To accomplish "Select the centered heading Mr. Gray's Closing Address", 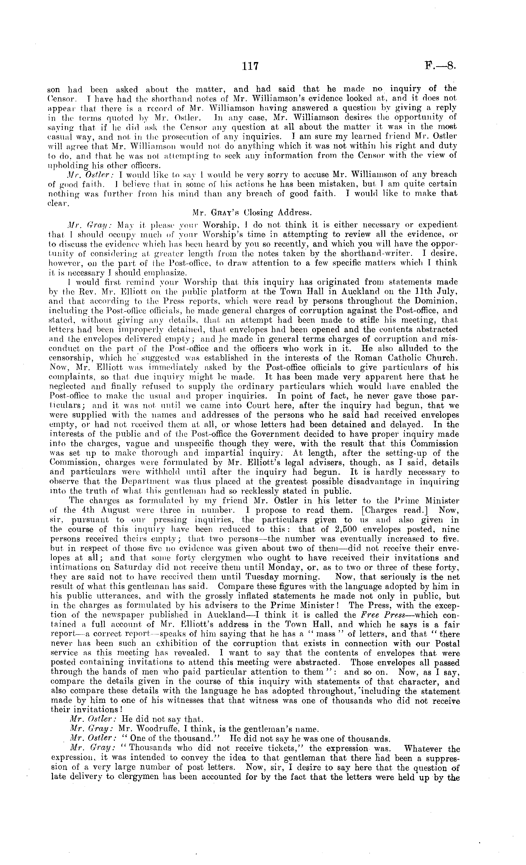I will pos(252,212).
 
